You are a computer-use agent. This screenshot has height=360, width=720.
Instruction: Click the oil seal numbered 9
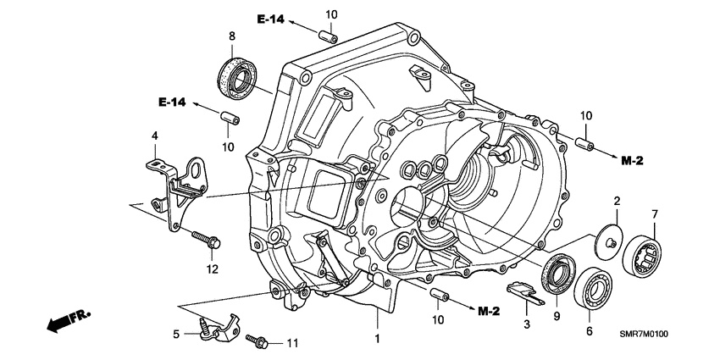point(558,273)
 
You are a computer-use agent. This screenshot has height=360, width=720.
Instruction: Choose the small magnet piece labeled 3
point(526,292)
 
